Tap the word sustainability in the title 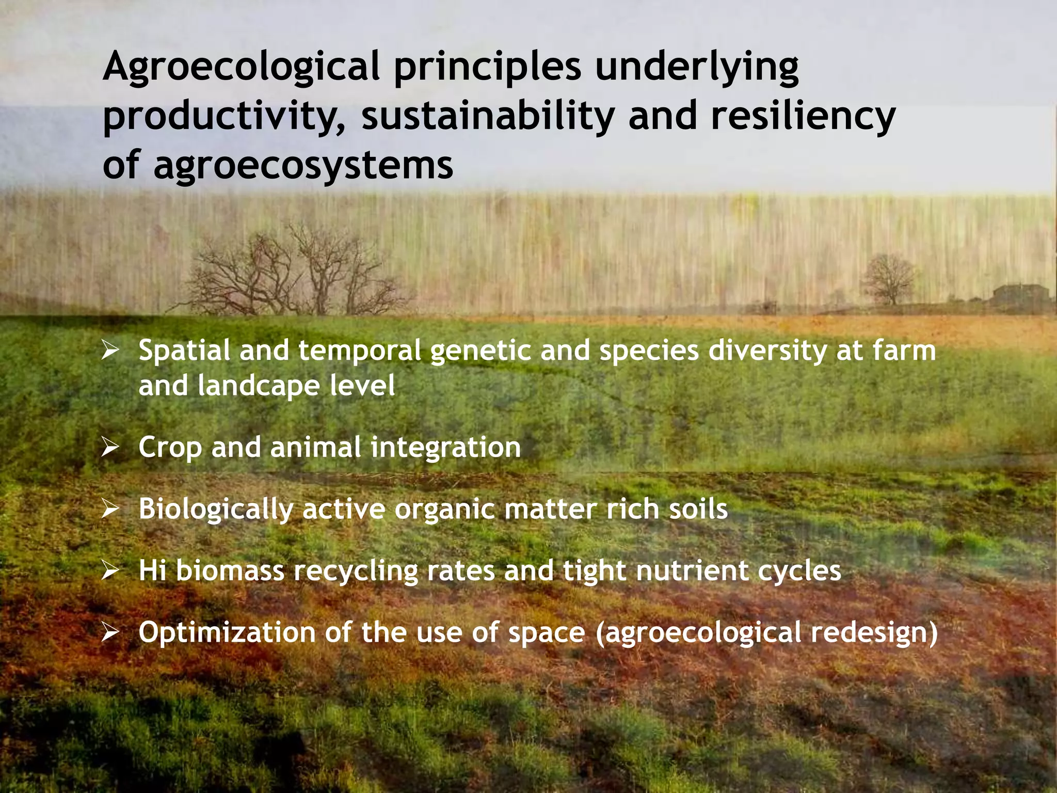[487, 116]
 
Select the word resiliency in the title [803, 116]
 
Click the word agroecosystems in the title [303, 165]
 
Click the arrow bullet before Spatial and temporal [110, 351]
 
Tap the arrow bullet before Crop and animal [110, 447]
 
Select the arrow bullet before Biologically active [110, 509]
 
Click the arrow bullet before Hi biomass [110, 571]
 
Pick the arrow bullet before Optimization [110, 632]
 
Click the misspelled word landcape [258, 386]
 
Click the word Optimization [227, 633]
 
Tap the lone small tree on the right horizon [889, 279]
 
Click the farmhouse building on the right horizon [1019, 295]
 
